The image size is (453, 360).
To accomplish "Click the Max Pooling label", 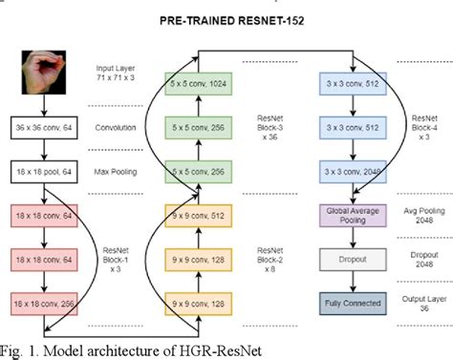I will pos(117,171).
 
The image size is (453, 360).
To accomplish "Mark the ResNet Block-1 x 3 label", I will pos(119,259).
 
